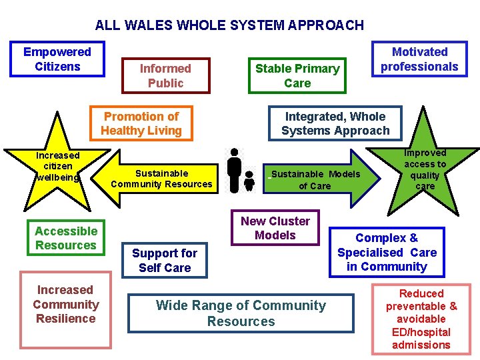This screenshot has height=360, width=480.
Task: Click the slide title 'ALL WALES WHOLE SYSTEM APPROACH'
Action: [x=229, y=26]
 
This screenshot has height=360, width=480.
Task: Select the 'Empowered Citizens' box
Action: [x=57, y=59]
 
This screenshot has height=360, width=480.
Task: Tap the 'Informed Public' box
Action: [x=165, y=75]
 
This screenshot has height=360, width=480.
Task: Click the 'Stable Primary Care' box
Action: [x=297, y=75]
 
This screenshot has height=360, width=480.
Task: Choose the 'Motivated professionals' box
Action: [x=419, y=59]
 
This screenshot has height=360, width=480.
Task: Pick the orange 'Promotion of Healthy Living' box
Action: [x=141, y=123]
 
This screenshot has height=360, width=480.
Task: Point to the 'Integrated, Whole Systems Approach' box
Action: [x=335, y=123]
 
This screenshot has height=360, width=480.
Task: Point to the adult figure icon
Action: [x=234, y=169]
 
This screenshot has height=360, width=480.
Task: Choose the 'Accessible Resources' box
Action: [x=66, y=238]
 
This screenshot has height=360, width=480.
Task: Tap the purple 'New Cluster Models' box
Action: [x=275, y=228]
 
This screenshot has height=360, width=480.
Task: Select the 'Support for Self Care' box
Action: [x=165, y=260]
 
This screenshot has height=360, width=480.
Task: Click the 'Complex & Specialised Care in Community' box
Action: [x=387, y=252]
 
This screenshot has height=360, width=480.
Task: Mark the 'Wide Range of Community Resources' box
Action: [x=241, y=313]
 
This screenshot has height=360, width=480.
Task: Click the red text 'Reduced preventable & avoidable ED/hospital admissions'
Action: [x=421, y=319]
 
